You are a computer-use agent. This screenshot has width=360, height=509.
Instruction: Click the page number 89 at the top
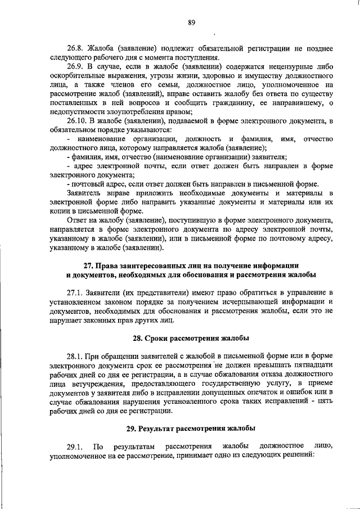[x=192, y=22]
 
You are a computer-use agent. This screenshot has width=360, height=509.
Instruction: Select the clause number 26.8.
[x=76, y=48]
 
